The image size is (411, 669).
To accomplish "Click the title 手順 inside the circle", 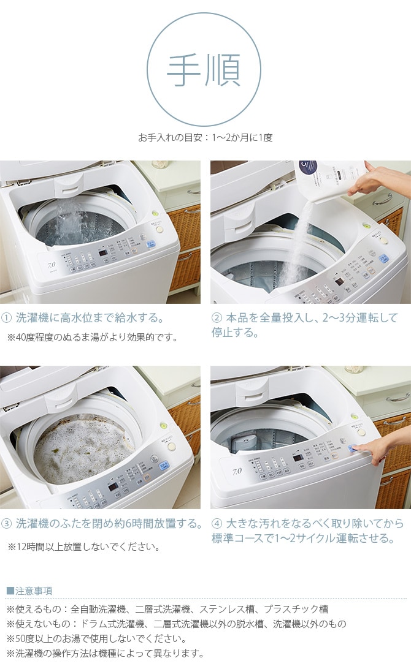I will click(x=204, y=70).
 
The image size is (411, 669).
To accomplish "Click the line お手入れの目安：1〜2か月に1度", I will click(x=205, y=137).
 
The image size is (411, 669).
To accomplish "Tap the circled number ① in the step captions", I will click(x=7, y=318).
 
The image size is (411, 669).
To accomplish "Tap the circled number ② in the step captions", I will click(x=217, y=318).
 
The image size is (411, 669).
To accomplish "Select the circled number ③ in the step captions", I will click(x=7, y=524).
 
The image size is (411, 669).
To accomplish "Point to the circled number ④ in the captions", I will click(x=217, y=524).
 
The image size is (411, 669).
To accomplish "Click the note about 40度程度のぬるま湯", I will click(x=92, y=337).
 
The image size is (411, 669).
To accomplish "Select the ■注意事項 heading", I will click(x=29, y=591).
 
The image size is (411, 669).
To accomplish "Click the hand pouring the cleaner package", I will click(x=380, y=181).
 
